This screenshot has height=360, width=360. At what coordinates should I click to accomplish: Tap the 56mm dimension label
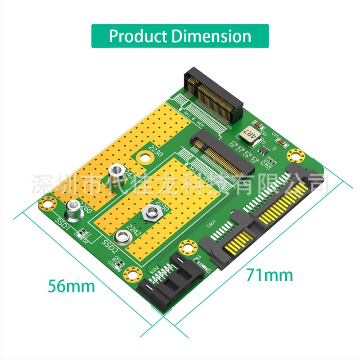tap(72, 285)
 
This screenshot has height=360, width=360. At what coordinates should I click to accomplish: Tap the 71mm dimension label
tap(269, 274)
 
